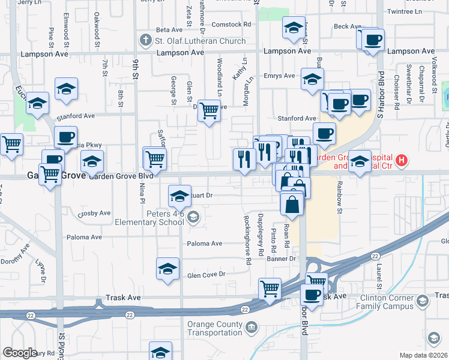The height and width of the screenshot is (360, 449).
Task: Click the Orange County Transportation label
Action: pos(200,331)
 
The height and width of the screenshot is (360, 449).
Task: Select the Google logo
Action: pos(19,353)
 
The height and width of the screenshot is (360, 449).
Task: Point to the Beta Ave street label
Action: pos(169,29)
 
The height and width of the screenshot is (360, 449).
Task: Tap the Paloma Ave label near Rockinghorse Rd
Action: pos(205,244)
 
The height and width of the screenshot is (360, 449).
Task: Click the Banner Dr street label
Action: pos(282,259)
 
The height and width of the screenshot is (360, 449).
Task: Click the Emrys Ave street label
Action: pos(281,76)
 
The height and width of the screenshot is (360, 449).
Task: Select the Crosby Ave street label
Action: pos(94,213)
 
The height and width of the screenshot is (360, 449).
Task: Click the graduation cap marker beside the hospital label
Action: pos(360,161)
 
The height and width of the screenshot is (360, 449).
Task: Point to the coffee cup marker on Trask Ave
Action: pos(312,294)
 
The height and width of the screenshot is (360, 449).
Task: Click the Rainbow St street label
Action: pos(339,197)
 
